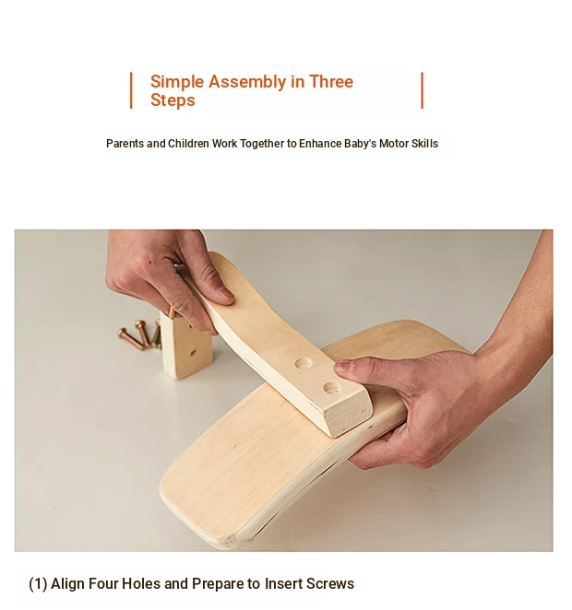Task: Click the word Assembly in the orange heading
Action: pyautogui.click(x=247, y=82)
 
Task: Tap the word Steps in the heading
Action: pyautogui.click(x=173, y=100)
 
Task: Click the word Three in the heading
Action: pyautogui.click(x=331, y=82)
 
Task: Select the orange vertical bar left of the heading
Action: pyautogui.click(x=131, y=90)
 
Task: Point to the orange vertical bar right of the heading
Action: pyautogui.click(x=423, y=90)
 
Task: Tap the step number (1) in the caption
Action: pyautogui.click(x=38, y=584)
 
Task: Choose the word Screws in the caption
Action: pyautogui.click(x=330, y=584)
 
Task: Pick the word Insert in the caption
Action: pyautogui.click(x=283, y=583)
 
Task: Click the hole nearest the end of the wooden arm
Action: pyautogui.click(x=333, y=388)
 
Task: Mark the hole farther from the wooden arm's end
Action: pyautogui.click(x=304, y=365)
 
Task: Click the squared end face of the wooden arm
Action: pyautogui.click(x=347, y=415)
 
